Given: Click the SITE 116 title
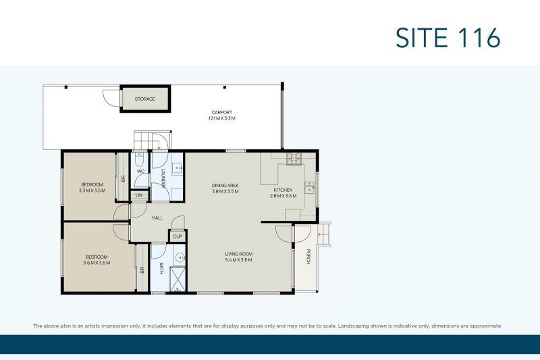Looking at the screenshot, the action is tap(448, 38).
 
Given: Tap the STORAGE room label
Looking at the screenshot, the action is tap(144, 99).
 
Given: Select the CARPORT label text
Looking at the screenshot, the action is tap(222, 112).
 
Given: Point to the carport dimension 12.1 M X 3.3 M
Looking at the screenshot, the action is tap(222, 118).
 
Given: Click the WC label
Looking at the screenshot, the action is tap(140, 171).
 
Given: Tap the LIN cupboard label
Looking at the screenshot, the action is tap(139, 195).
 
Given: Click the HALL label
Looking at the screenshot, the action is tap(157, 217).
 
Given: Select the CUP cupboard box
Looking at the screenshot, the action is tap(178, 236).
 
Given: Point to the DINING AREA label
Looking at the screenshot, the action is tap(225, 185).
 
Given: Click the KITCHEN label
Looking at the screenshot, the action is tap(283, 190).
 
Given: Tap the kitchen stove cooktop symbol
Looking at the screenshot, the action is tap(294, 159).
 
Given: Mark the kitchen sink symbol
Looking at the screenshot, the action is tap(309, 188).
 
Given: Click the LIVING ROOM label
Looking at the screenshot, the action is tap(239, 254).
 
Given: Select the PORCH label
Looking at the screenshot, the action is tap(308, 257).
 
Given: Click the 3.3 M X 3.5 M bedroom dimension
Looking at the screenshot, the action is tap(92, 190).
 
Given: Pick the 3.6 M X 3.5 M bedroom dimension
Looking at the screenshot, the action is tap(97, 263).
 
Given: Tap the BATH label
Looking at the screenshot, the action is tap(161, 269).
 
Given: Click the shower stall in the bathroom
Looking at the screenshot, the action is tap(178, 280).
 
